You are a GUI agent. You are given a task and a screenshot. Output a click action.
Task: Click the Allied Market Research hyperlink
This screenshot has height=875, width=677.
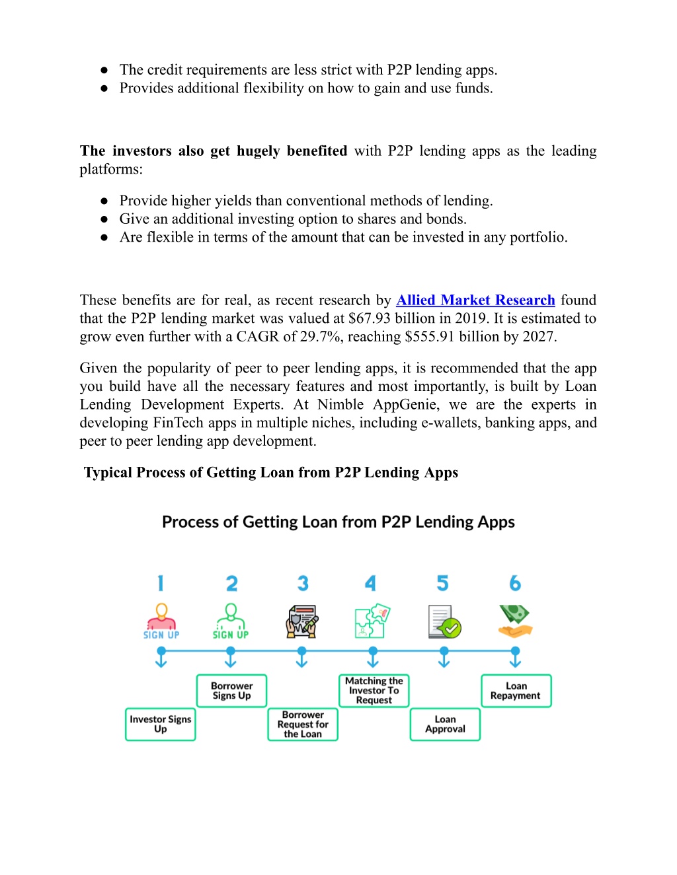(x=475, y=300)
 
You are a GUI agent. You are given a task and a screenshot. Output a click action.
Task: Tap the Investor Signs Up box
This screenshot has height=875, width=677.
(x=161, y=724)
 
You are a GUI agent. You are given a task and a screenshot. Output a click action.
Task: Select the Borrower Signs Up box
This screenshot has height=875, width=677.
(x=231, y=691)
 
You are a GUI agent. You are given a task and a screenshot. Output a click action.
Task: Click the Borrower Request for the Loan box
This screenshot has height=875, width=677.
(x=303, y=724)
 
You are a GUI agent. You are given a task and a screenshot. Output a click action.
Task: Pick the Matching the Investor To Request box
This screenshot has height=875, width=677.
(x=374, y=691)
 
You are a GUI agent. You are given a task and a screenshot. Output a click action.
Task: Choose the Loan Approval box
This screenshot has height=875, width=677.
(x=446, y=724)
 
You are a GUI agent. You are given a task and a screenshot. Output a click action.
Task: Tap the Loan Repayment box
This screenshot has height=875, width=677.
(x=516, y=691)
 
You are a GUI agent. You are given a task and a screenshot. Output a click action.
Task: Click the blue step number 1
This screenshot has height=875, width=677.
(x=161, y=583)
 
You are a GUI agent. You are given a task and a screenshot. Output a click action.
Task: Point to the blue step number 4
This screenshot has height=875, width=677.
(x=370, y=583)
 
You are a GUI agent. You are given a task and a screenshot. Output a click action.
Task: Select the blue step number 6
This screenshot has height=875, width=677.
(x=515, y=583)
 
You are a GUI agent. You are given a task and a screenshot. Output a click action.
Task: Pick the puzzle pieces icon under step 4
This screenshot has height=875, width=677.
(x=372, y=621)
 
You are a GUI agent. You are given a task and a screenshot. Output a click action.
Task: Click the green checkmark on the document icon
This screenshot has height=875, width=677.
(x=452, y=628)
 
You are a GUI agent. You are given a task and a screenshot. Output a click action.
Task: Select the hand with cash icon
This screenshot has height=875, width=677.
(x=515, y=621)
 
